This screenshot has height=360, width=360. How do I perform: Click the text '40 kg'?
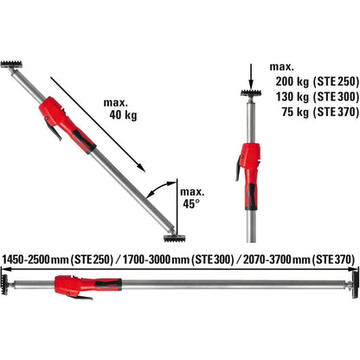pos(123,115)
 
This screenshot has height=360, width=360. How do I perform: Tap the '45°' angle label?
pos(191,203)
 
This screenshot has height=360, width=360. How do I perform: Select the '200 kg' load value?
pos(292,81)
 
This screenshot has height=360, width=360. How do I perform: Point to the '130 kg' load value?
pos(292,97)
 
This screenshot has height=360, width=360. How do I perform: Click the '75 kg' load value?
pos(295,112)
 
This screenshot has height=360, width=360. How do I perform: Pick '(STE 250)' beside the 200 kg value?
pos(336,81)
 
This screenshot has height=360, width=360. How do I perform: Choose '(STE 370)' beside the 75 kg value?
pos(336,112)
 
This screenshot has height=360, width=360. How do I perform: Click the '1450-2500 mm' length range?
pos(35,260)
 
